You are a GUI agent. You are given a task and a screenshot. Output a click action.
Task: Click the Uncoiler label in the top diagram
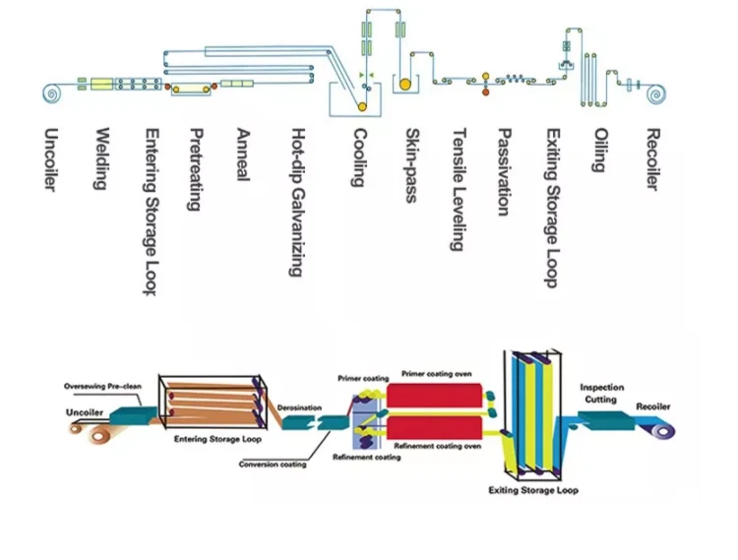pyautogui.click(x=52, y=160)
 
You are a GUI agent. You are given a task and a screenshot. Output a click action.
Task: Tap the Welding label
pyautogui.click(x=100, y=159)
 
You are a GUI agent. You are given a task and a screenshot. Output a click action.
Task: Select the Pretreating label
pyautogui.click(x=196, y=169)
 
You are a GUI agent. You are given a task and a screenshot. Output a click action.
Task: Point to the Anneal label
pyautogui.click(x=243, y=153)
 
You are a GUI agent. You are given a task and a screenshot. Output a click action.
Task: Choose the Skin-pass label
pyautogui.click(x=411, y=164)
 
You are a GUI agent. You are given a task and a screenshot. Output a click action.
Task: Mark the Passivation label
pyautogui.click(x=504, y=172)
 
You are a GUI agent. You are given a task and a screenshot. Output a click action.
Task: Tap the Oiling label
pyautogui.click(x=597, y=151)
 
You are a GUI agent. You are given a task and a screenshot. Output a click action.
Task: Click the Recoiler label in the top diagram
pyautogui.click(x=652, y=160)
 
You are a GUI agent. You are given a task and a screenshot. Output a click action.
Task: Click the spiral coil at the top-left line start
pyautogui.click(x=51, y=93)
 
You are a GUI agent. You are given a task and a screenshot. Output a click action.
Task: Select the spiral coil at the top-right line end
pyautogui.click(x=654, y=95)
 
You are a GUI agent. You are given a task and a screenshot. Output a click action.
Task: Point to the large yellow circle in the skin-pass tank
pyautogui.click(x=404, y=85)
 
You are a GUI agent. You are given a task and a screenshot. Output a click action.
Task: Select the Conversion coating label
pyautogui.click(x=273, y=465)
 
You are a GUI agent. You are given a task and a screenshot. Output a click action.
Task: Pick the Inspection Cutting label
pyautogui.click(x=601, y=394)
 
